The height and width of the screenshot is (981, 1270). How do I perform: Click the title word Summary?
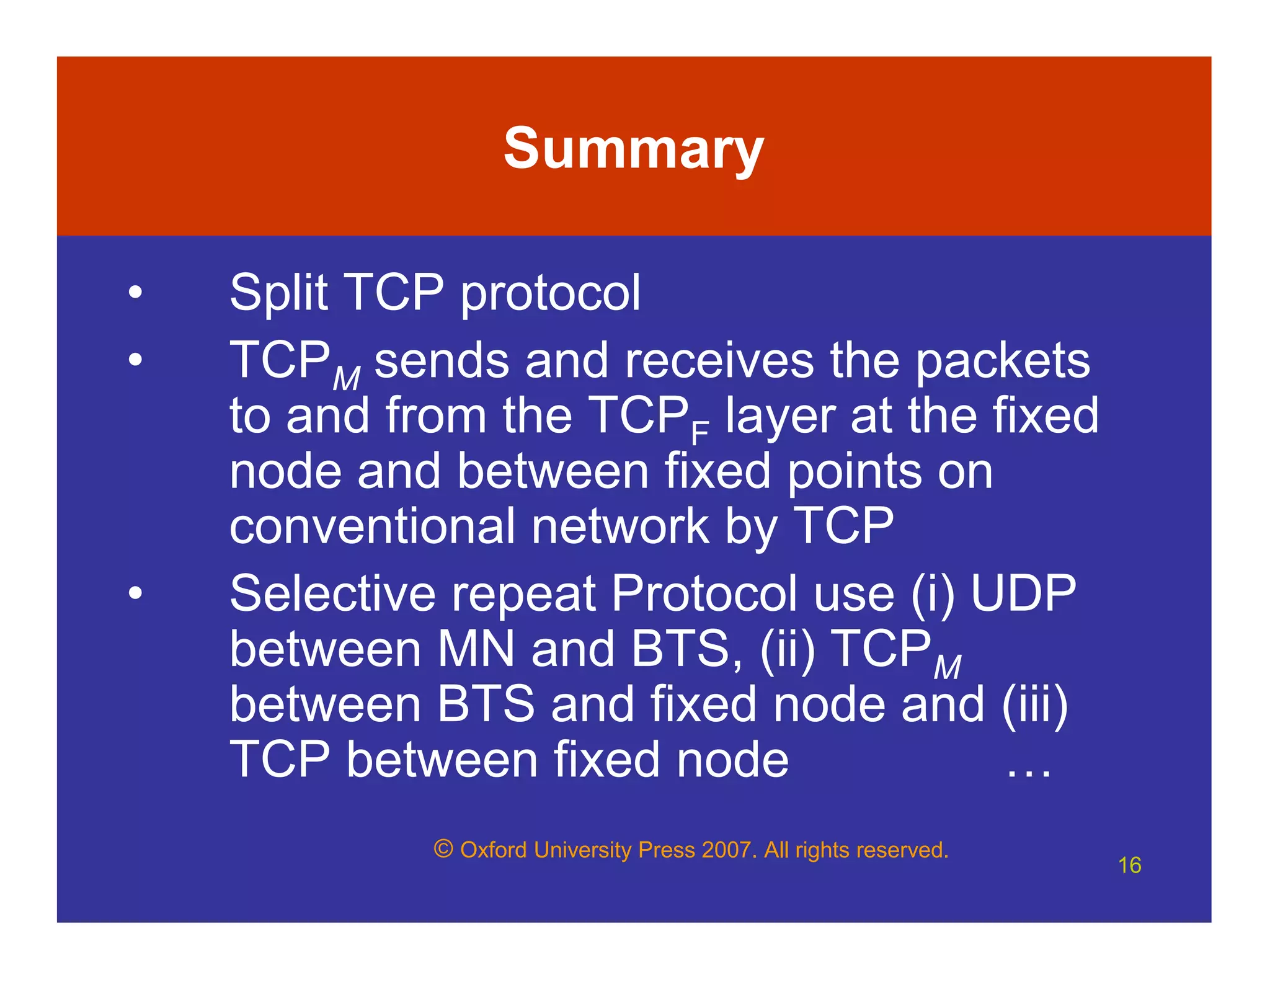pos(633,149)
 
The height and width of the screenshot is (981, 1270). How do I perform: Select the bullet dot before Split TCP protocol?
pos(135,292)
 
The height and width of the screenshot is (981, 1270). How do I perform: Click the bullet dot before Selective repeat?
pos(135,593)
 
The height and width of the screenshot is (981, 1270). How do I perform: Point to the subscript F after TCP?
pos(699,432)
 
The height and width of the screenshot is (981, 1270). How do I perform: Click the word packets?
pos(1002,361)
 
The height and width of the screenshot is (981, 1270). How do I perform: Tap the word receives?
pos(719,361)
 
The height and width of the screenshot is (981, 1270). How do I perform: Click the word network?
pos(619,526)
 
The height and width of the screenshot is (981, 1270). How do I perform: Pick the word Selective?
pos(332,593)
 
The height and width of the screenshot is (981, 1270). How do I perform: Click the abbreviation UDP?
pos(1023,593)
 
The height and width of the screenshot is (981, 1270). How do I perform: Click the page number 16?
pos(1129,865)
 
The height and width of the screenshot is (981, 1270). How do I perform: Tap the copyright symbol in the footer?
pos(443,849)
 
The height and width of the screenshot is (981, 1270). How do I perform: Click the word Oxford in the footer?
pos(493,850)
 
